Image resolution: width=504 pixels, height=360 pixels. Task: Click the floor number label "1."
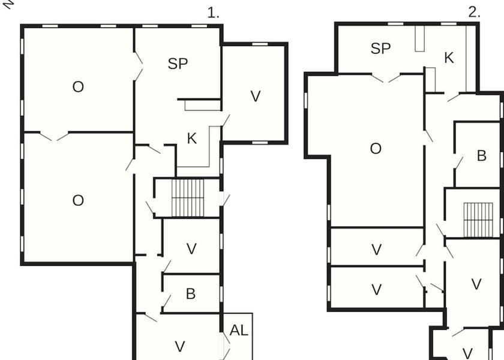pos(214,13)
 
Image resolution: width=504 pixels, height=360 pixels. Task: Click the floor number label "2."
pos(474,13)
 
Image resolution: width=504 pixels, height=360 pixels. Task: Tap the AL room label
pos(239,330)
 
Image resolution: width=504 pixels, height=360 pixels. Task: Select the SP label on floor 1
pos(178,64)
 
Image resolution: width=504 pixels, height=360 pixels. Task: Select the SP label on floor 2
pos(380,49)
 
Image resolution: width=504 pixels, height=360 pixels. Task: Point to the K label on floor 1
pos(192,139)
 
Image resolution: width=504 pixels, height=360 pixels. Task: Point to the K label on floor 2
pos(449,58)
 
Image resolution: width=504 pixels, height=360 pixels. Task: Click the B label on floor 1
pos(191,294)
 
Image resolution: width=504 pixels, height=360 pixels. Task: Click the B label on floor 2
pos(481,156)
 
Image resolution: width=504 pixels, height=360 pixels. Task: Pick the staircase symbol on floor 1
pos(188,197)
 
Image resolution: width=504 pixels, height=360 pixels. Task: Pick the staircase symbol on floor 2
pos(478,220)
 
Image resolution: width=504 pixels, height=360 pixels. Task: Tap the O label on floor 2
pos(376,149)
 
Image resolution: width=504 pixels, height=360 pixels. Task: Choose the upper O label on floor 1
pos(78,87)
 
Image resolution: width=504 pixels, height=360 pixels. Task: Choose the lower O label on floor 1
pos(78,200)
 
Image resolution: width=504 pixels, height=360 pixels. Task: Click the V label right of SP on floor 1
pos(256,96)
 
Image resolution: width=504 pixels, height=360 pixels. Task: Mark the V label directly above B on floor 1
pos(191,249)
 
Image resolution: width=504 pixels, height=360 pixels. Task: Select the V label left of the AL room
pos(179,346)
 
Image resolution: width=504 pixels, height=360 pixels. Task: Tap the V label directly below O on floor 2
pos(376,250)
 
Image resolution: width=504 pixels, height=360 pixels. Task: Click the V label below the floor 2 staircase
pos(476,284)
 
